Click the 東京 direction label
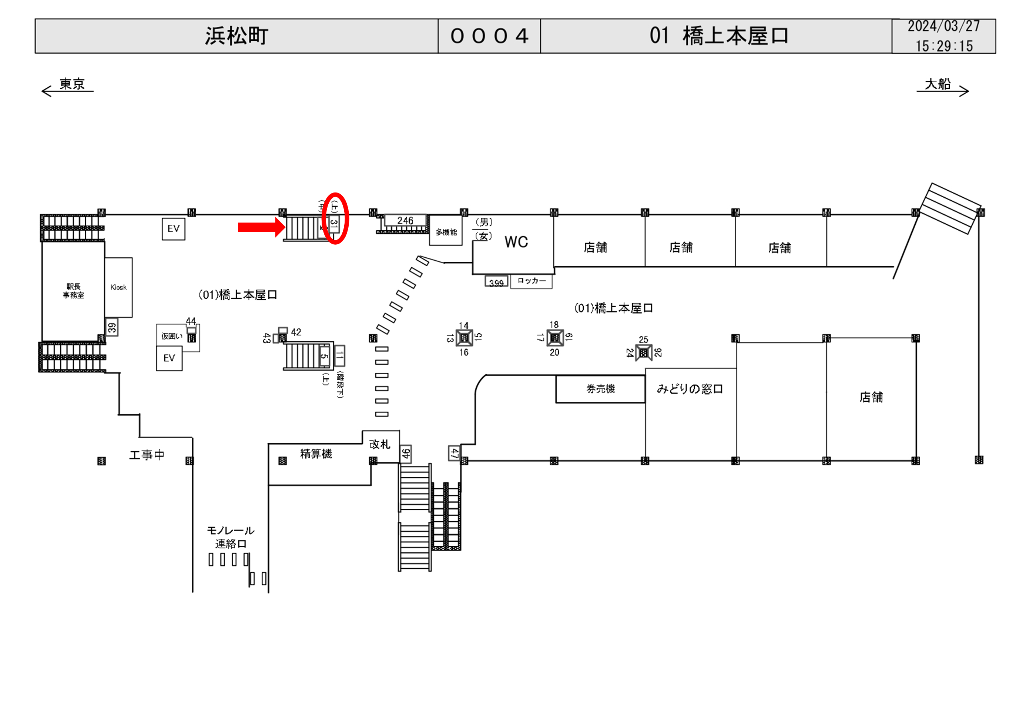click(72, 84)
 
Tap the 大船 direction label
click(937, 84)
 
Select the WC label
click(516, 242)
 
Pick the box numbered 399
click(496, 282)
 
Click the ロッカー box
click(532, 281)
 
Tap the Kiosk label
click(118, 287)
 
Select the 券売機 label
click(600, 389)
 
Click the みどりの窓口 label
click(690, 389)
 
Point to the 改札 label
click(380, 444)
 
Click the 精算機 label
click(316, 454)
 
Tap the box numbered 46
click(406, 454)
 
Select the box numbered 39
click(112, 328)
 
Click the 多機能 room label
click(446, 232)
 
